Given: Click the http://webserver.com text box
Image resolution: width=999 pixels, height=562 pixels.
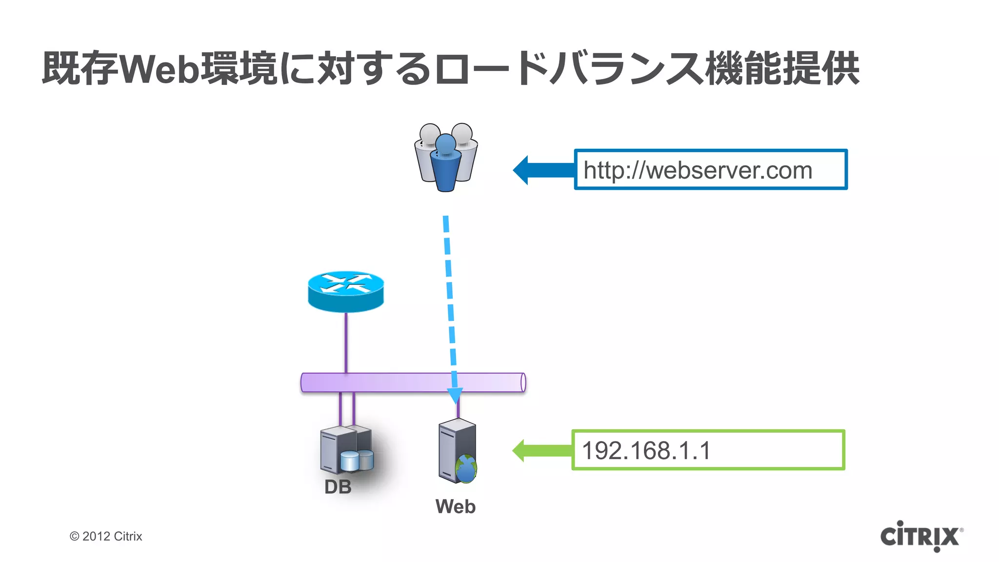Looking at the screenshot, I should [710, 170].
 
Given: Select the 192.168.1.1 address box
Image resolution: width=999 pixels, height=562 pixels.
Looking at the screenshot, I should [707, 450].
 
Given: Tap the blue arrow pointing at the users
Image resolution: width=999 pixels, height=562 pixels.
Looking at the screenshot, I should [542, 170].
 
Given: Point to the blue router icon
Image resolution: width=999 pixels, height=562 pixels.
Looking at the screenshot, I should [346, 292].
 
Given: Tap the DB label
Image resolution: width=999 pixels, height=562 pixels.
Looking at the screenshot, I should [338, 487].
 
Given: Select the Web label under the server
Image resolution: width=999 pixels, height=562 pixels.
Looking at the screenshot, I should [455, 506].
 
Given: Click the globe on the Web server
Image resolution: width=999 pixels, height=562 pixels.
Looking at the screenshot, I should [466, 468].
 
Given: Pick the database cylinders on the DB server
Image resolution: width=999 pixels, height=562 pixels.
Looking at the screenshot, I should [357, 460].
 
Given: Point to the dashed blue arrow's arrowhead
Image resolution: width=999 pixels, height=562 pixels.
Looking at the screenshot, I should [455, 395].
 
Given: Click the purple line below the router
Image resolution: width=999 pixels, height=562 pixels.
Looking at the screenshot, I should [346, 341].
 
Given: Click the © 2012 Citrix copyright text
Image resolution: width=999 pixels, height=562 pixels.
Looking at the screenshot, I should [106, 536].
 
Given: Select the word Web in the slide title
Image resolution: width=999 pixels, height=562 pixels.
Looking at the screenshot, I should [160, 69].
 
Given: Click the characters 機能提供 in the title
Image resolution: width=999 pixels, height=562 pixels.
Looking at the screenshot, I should [782, 69].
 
